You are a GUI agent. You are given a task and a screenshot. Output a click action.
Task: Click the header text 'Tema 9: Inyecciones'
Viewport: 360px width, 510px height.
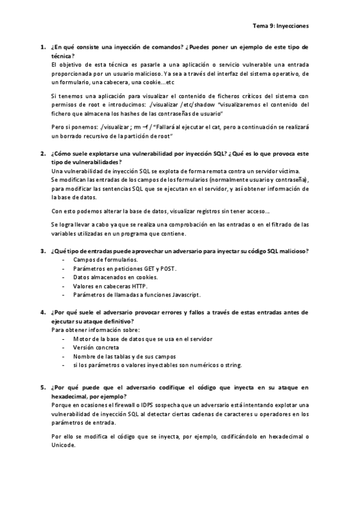point(279,26)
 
